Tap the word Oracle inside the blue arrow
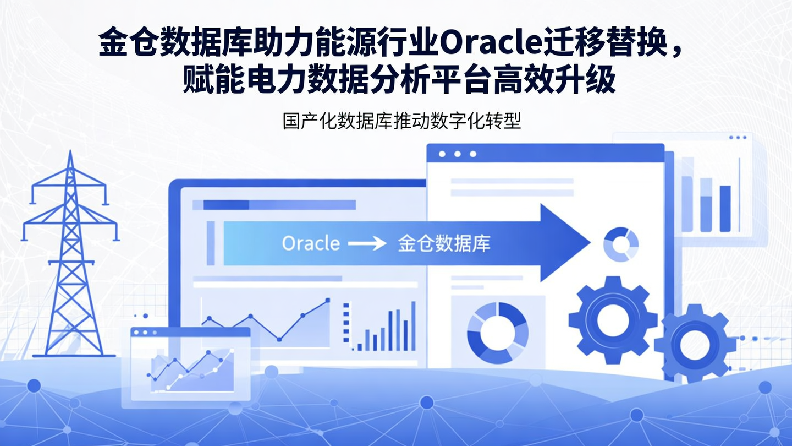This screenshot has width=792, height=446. (311, 243)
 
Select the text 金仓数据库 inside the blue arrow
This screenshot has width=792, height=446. (443, 243)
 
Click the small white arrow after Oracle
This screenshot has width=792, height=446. (367, 243)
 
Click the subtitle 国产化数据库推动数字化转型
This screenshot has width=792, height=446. (402, 122)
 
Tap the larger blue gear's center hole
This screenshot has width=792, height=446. (612, 319)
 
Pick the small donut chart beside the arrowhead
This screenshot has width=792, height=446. (621, 244)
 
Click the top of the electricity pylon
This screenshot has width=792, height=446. (70, 155)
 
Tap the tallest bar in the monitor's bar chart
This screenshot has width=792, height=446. (413, 325)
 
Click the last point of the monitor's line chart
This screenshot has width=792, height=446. (328, 301)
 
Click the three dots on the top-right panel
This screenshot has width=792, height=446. (737, 137)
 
